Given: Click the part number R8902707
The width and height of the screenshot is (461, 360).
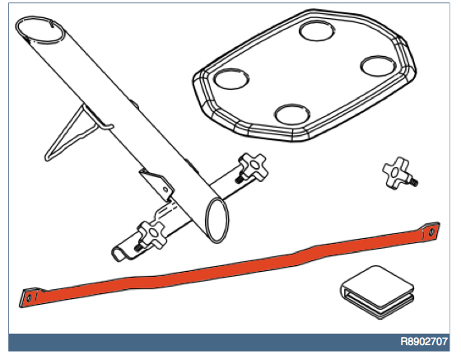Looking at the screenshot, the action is [x=424, y=342].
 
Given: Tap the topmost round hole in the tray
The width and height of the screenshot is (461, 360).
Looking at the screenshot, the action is [x=317, y=30].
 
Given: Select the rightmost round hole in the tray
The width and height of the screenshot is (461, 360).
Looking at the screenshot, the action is [x=378, y=66].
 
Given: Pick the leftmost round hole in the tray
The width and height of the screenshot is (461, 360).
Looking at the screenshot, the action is [x=231, y=78].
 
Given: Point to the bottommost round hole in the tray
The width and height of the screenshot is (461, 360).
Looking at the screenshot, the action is [x=292, y=115].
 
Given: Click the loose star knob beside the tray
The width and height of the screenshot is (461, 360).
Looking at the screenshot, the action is [x=398, y=173].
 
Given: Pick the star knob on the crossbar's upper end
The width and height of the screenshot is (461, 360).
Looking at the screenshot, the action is [x=254, y=167].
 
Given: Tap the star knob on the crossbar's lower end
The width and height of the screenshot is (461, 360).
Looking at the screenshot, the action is [x=151, y=235].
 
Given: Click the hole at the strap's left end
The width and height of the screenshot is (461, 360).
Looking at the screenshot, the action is [x=29, y=298].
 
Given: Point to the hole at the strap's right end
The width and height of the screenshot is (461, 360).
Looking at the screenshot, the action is [x=431, y=232].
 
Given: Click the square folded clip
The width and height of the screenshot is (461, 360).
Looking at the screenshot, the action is [x=378, y=292].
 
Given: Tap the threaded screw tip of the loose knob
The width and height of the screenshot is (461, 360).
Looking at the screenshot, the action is [x=415, y=182].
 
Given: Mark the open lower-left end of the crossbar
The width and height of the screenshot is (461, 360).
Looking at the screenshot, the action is [x=119, y=255].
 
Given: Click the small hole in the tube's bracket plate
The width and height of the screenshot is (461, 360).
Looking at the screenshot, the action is [x=166, y=189].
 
